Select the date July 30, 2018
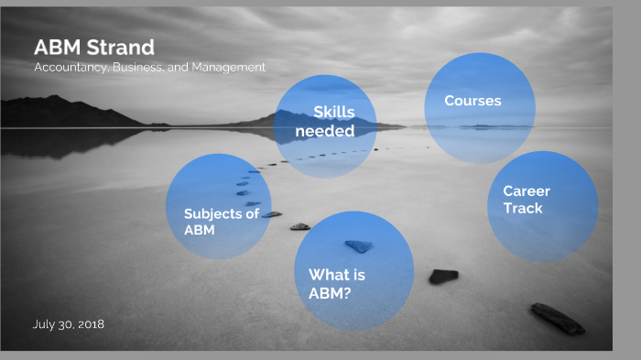tap(68, 324)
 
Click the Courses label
tap(473, 101)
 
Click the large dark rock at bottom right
tap(557, 318)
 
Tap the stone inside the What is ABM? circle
tap(359, 245)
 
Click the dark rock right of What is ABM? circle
tap(443, 276)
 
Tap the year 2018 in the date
tap(90, 324)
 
